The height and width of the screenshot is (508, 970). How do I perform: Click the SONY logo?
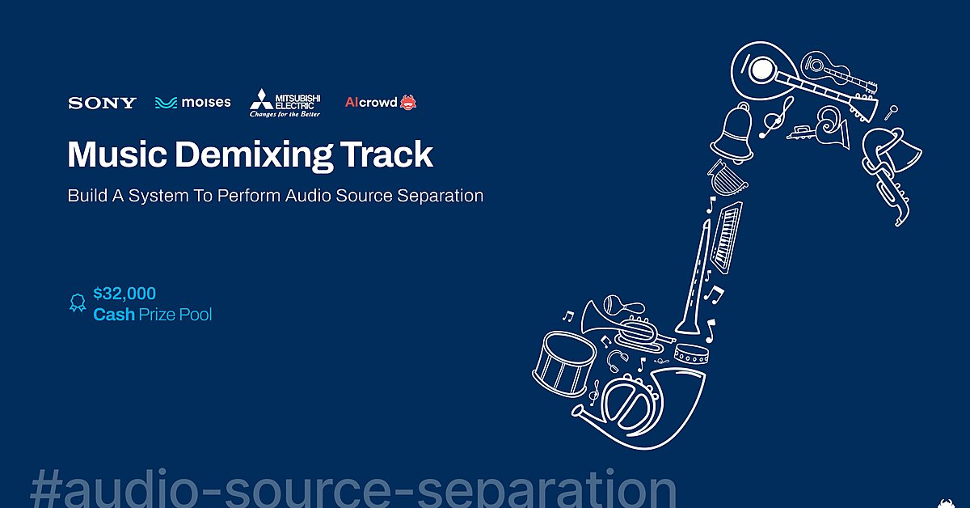pos(102,103)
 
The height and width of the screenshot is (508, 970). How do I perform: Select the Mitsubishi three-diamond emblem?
pos(260,99)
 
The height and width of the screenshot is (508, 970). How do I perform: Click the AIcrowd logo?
pos(381,103)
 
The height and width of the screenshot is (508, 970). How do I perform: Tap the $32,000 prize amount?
pos(124,294)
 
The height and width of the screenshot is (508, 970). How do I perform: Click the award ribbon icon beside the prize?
pos(77,303)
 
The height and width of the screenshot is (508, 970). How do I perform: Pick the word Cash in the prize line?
pos(114,315)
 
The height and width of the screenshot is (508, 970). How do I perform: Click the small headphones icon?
pos(619,358)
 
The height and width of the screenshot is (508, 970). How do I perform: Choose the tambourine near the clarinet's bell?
pos(693,353)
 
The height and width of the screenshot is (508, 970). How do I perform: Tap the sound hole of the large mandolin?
pos(761,70)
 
